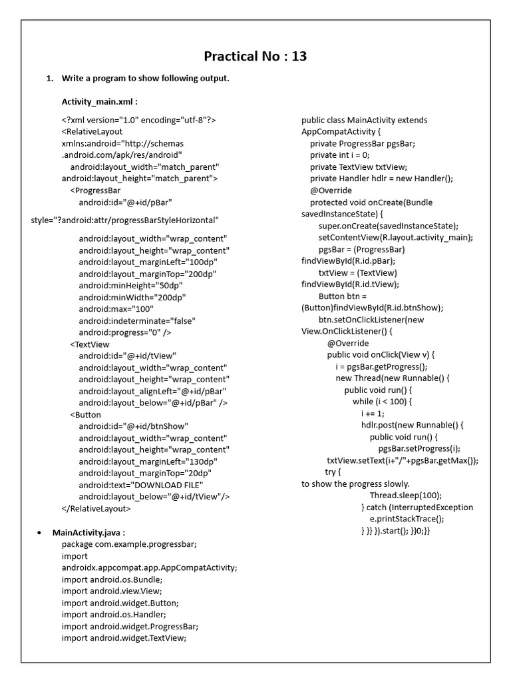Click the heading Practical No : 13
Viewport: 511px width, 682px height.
point(255,56)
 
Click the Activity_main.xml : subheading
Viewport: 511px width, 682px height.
point(100,101)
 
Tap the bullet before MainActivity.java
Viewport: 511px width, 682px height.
point(40,533)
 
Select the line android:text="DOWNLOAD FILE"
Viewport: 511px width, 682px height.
point(141,485)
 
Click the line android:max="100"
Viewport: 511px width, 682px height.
point(116,309)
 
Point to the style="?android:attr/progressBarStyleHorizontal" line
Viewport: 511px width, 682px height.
point(124,220)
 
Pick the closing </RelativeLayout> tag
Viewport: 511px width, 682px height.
point(96,508)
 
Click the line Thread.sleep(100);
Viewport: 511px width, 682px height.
point(406,496)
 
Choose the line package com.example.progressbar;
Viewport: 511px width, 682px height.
point(129,544)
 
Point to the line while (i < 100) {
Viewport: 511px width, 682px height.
point(383,402)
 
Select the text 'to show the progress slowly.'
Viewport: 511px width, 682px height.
point(355,484)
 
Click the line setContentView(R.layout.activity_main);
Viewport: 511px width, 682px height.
point(396,237)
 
